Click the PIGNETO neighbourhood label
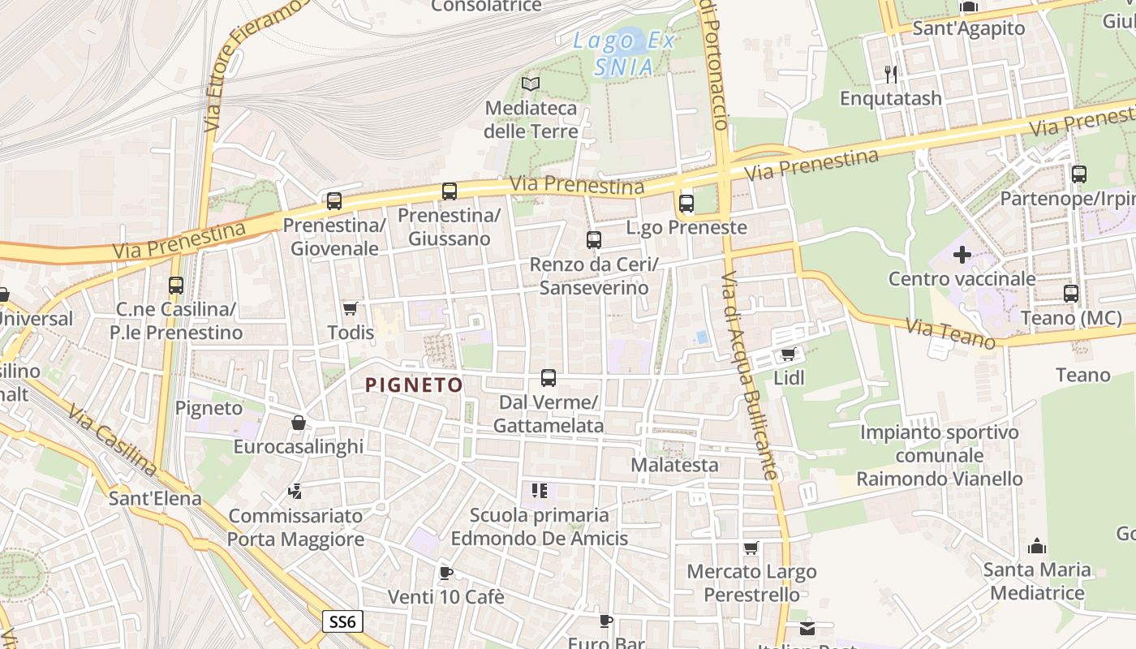coord(414,385)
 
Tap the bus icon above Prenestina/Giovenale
coord(333,200)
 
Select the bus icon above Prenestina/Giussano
coord(449,191)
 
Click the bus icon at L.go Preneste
coord(686,204)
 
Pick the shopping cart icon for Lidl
coord(787,355)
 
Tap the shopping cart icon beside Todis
coord(350,308)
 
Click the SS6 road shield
coord(342,622)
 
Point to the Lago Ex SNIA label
coord(623,54)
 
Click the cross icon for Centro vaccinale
coord(962,255)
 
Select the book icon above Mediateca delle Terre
coord(531,84)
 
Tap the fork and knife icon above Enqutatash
coord(891,74)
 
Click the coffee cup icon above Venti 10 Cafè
coord(445,573)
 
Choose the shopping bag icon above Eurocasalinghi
coord(298,423)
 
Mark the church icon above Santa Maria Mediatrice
coord(1037,546)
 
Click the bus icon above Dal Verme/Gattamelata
coord(549,378)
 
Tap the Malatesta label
coord(674,465)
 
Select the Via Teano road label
coord(949,333)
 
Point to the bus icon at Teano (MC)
coord(1071,294)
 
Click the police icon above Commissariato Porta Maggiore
coord(295,492)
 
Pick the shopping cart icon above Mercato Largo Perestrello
coord(751,548)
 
